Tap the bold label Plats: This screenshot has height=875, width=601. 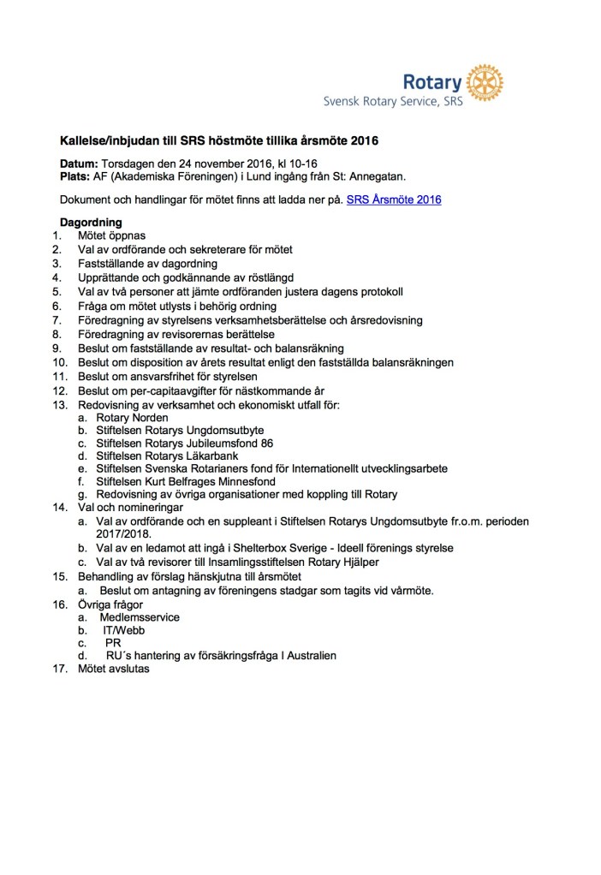pos(76,176)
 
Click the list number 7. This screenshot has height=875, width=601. pos(57,320)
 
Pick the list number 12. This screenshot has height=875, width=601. pos(59,390)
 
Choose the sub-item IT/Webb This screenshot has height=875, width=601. pos(123,629)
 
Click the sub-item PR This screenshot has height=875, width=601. pos(113,643)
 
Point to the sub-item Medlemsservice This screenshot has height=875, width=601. pos(140,616)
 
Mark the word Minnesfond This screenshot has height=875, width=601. pos(237,481)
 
